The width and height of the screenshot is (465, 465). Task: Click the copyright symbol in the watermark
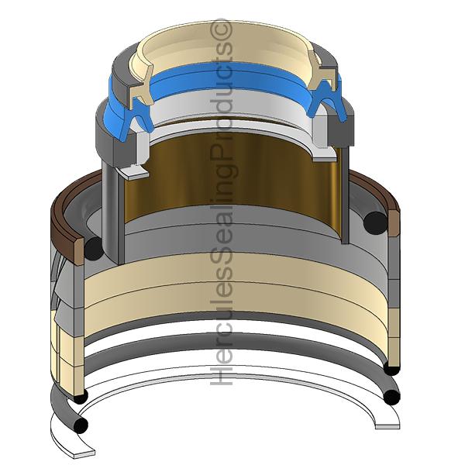(x=222, y=29)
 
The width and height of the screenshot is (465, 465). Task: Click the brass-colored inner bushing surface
(x=232, y=178)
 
